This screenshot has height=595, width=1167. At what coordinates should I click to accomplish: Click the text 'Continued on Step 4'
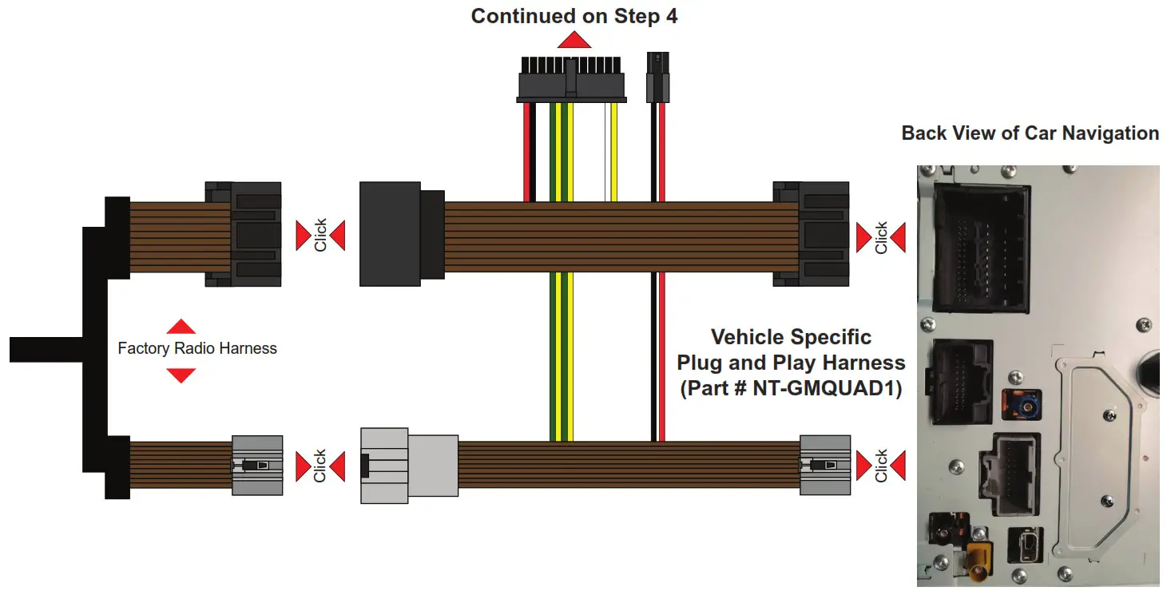[574, 17]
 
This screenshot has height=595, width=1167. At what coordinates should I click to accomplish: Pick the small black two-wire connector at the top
[657, 77]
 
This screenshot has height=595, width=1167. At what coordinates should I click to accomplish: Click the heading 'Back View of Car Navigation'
[1030, 133]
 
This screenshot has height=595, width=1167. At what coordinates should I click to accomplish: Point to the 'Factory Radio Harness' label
[196, 348]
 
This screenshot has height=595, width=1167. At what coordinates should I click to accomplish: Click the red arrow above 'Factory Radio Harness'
[181, 326]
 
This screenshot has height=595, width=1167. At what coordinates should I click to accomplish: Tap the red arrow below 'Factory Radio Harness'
[181, 375]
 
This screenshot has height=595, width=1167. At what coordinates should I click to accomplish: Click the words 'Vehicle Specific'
[791, 337]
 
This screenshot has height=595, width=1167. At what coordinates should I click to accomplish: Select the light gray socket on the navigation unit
[1015, 476]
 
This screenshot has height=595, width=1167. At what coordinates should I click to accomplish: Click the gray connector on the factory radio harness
[257, 465]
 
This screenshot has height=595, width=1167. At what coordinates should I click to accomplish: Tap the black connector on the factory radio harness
[244, 234]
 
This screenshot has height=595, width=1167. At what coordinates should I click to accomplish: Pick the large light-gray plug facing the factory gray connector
[409, 467]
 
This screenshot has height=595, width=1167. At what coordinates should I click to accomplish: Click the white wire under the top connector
[605, 152]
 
